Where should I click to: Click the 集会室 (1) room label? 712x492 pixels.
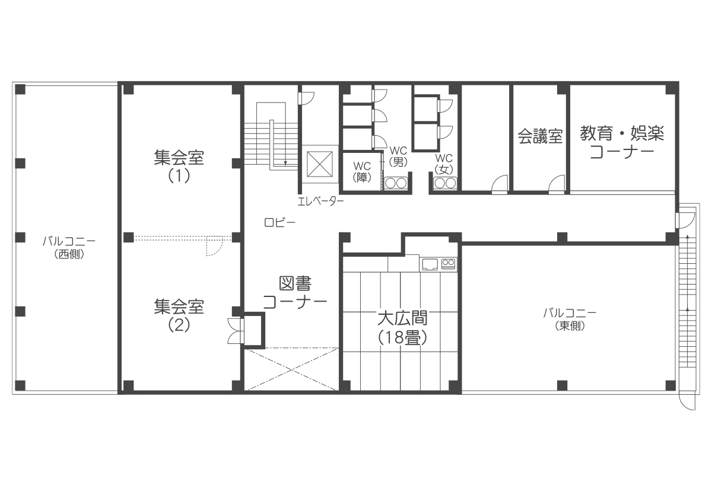(x=179, y=167)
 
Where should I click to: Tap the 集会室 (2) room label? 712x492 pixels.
(x=179, y=315)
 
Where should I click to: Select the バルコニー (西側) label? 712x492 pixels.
(x=69, y=247)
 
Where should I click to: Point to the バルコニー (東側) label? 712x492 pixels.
(x=570, y=320)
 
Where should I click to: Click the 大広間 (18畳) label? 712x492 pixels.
(x=402, y=328)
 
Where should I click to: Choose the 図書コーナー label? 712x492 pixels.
(x=295, y=293)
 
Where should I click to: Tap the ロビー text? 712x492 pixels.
(x=279, y=223)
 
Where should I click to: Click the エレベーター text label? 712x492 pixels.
(x=320, y=201)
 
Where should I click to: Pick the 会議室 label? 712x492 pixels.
(x=540, y=136)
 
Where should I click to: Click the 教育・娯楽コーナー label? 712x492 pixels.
(x=622, y=142)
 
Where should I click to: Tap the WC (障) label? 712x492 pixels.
(x=362, y=172)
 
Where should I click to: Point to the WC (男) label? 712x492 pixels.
(x=398, y=156)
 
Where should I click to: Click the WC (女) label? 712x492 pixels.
(x=444, y=164)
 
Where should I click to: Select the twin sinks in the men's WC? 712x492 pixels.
(x=396, y=183)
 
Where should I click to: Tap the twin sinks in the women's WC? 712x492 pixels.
(x=445, y=183)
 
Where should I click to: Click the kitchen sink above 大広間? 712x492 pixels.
(x=430, y=264)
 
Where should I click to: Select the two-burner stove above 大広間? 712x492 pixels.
(x=448, y=263)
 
